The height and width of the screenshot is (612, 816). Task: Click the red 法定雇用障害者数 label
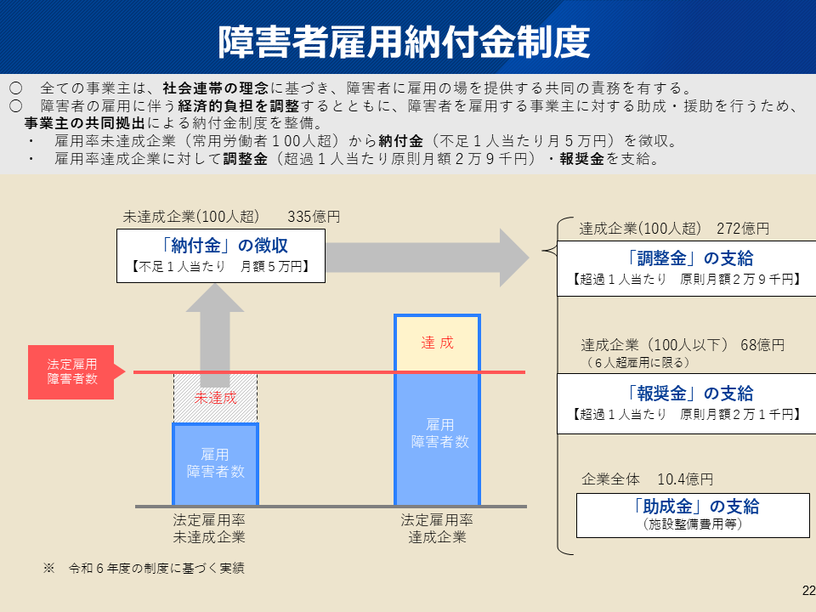tap(72, 372)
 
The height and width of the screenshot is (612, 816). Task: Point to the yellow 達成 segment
tap(437, 343)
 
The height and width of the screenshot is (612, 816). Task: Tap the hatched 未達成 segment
tap(215, 398)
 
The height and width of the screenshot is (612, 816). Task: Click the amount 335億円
tap(314, 217)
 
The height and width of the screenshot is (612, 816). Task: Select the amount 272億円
tap(742, 229)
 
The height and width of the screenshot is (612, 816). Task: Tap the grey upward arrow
tap(215, 327)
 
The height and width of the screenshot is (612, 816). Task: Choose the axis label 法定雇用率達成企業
tap(437, 528)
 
